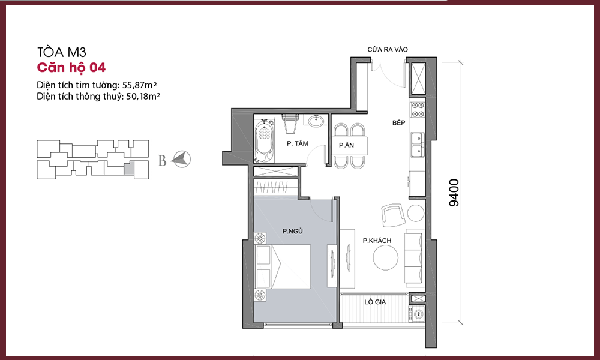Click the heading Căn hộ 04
tap(71, 68)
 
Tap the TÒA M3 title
tap(62, 52)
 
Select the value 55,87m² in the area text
tap(140, 85)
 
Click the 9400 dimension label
tap(454, 193)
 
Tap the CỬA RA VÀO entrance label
tap(388, 49)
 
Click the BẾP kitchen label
tap(399, 123)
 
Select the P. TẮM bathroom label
tap(298, 143)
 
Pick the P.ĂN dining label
tap(346, 145)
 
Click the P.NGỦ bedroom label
tap(293, 231)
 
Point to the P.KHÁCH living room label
tap(377, 241)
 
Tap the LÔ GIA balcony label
tap(375, 302)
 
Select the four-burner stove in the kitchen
tap(418, 109)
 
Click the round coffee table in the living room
tap(386, 257)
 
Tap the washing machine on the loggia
tap(418, 314)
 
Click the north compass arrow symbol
tap(181, 159)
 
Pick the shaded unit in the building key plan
tap(130, 169)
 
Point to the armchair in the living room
tap(392, 215)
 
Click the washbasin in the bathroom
tap(316, 121)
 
